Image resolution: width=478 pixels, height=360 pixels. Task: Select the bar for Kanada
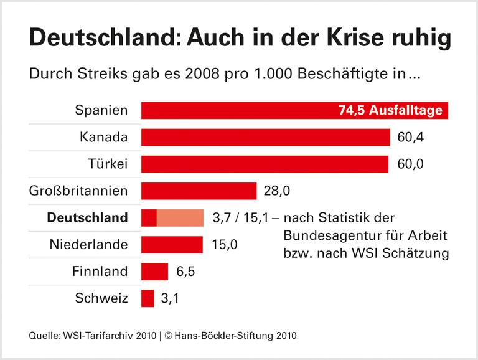tap(265, 137)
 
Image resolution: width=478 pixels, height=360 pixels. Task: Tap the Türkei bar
tap(265, 164)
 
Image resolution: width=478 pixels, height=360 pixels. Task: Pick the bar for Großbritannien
tap(199, 191)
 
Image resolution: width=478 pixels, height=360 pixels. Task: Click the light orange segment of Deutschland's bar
tap(180, 217)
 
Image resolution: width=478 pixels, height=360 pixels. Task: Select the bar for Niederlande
tap(172, 244)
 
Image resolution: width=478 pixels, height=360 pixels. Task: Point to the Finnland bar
tap(155, 271)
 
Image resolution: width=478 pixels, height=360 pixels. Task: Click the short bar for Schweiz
tap(148, 298)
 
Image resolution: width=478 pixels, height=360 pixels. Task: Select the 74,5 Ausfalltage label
tap(390, 111)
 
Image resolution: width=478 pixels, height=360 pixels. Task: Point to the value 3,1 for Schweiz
tap(170, 298)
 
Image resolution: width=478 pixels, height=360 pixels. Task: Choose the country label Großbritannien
tap(78, 191)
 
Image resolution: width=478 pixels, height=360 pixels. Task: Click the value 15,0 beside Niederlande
tap(225, 244)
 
